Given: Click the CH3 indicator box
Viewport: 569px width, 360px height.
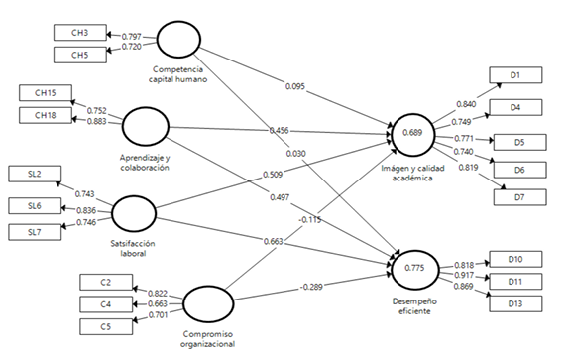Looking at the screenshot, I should pos(80,33).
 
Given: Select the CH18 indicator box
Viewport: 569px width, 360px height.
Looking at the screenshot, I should pos(47,115).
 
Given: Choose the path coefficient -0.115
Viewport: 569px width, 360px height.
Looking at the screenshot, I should pos(310,218).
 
